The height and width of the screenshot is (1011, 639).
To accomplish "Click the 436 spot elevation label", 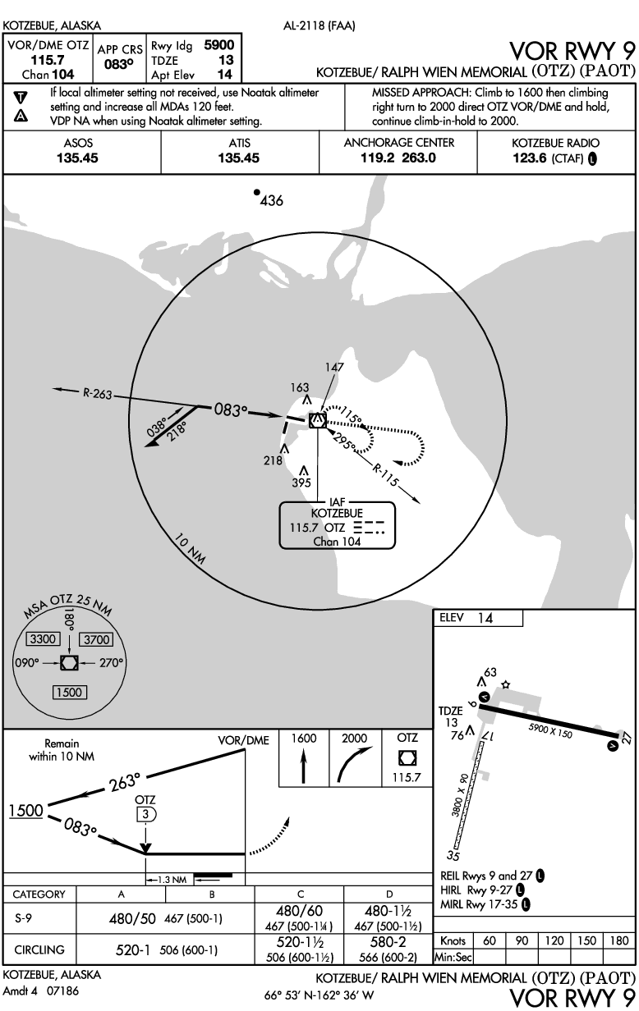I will (272, 201).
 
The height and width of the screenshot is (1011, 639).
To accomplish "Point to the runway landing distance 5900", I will (218, 46).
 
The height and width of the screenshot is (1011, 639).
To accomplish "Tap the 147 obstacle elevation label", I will (333, 368).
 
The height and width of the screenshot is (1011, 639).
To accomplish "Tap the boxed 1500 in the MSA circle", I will (68, 692).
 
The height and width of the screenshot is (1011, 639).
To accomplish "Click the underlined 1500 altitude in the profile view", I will (25, 810).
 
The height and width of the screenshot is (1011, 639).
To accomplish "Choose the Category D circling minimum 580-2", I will (389, 944).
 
